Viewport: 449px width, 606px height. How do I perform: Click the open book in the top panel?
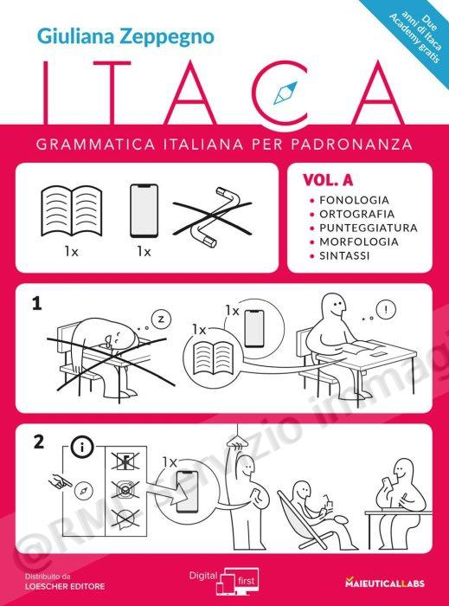72,210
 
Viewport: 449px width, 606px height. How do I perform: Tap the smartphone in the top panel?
144,210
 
